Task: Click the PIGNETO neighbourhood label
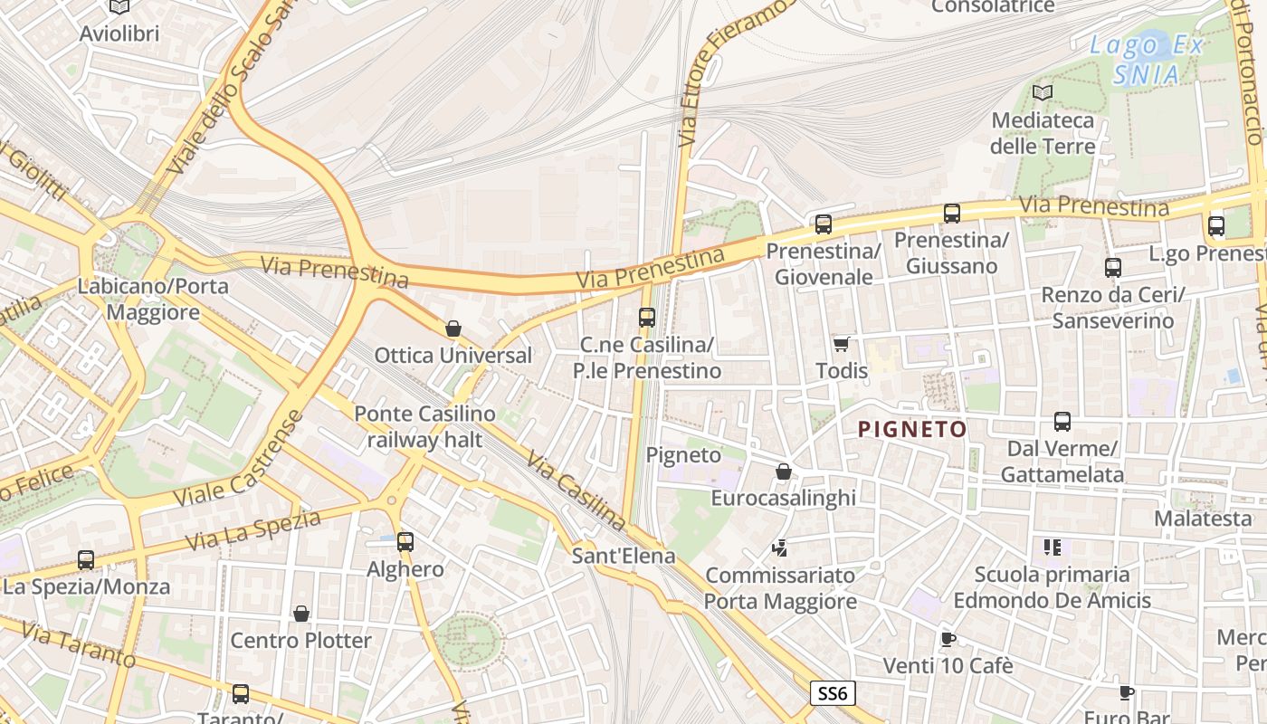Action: click(911, 429)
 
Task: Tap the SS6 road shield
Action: click(832, 693)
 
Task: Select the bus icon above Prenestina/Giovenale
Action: click(823, 224)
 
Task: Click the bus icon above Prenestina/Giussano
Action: click(951, 214)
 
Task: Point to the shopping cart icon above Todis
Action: click(841, 344)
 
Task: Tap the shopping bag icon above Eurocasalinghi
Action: click(784, 472)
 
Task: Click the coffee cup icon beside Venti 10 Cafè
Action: click(948, 639)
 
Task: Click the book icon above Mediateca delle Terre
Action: click(1043, 92)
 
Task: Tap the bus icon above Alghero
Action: click(405, 542)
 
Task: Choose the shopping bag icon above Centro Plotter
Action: click(301, 614)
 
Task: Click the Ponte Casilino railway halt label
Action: click(424, 427)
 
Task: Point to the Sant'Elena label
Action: click(624, 555)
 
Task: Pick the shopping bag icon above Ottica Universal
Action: click(453, 329)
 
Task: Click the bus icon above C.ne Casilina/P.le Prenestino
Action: click(646, 317)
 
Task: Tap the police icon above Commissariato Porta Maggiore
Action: click(779, 548)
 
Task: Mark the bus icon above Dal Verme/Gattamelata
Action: click(1062, 422)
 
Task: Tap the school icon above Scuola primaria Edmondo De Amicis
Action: click(1052, 547)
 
